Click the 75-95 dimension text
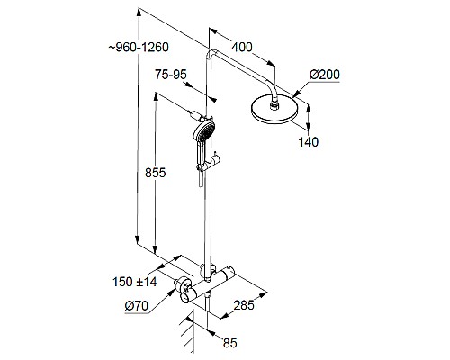(x=171, y=77)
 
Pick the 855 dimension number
(x=155, y=176)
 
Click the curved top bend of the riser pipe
(x=212, y=56)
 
